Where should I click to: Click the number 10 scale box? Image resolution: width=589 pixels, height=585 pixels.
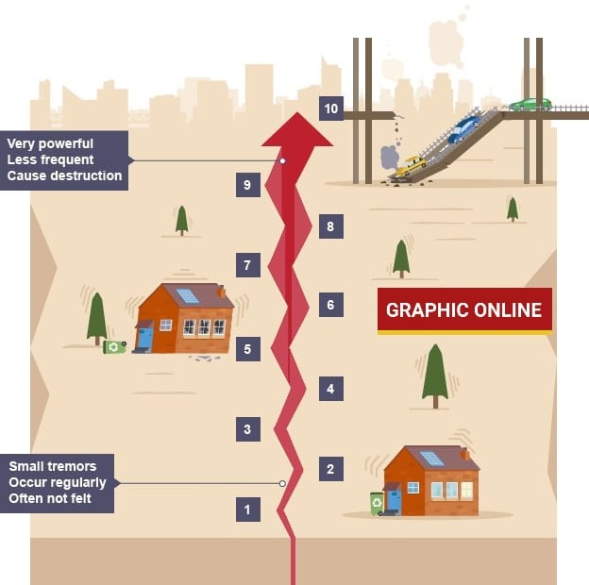330,109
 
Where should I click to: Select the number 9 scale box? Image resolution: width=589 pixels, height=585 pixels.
247,185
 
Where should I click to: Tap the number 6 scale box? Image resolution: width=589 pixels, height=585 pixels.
330,305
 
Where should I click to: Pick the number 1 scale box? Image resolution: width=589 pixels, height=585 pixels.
247,510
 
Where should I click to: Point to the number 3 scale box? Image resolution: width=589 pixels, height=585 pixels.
247,429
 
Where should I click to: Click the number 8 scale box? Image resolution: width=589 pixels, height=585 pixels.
330,226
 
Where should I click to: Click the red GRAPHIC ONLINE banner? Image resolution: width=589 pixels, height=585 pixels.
464,310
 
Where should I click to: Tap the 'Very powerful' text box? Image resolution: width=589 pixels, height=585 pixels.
64,160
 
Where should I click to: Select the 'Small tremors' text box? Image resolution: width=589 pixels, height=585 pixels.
57,482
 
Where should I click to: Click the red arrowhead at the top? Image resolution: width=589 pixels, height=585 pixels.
296,130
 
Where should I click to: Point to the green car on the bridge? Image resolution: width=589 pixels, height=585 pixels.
530,104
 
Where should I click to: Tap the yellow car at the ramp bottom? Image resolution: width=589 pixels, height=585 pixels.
411,166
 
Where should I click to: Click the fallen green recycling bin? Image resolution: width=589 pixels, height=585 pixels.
114,346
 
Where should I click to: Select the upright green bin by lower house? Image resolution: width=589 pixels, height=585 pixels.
377,503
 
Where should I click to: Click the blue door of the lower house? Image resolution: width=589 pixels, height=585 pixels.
394,500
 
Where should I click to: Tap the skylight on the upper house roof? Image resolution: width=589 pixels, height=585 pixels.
188,295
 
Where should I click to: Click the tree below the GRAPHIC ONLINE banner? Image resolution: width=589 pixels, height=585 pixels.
435,374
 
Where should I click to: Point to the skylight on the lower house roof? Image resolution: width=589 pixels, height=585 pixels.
431,459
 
